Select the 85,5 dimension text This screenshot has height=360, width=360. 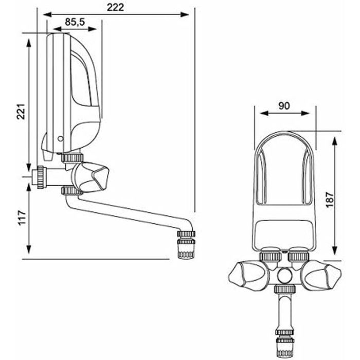pyautogui.click(x=76, y=22)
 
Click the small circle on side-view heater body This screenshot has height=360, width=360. pyautogui.click(x=61, y=138)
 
